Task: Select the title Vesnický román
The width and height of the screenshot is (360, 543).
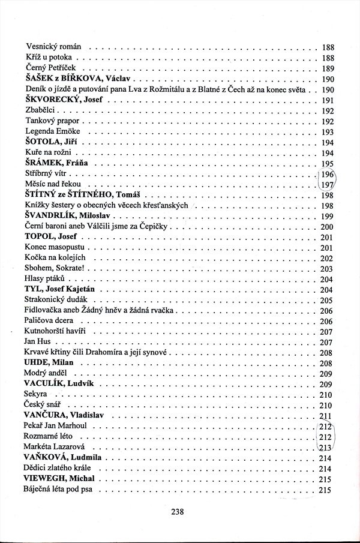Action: [54, 47]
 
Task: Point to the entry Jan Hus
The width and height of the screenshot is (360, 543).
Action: [37, 343]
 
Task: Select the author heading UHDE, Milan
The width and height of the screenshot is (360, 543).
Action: [49, 364]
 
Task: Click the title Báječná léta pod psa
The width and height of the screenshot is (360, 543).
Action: [61, 491]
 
